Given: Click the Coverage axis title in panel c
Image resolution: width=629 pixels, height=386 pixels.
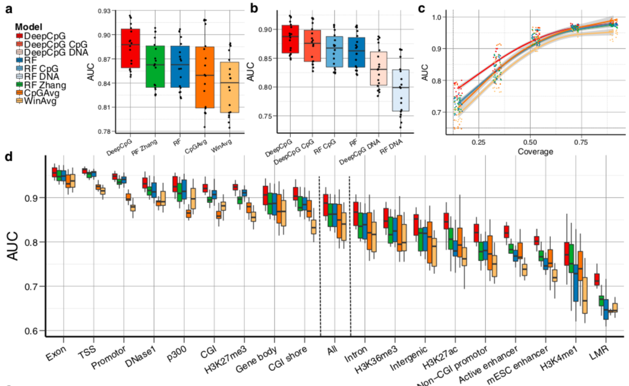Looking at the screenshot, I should coord(535,151).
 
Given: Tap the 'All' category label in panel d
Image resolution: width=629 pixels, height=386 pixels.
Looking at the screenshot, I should coord(331,351).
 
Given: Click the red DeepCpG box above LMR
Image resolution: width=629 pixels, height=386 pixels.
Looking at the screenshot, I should coord(597,279).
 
